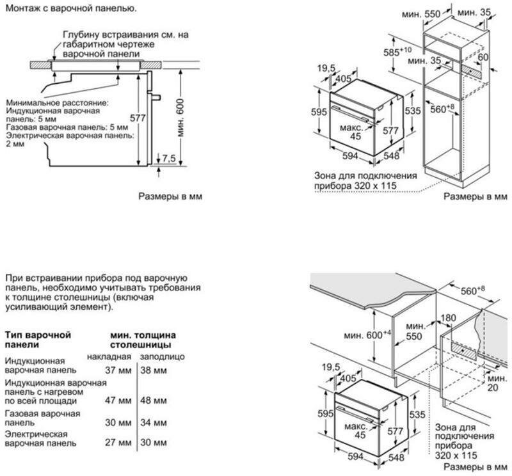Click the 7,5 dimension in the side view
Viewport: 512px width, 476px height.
coord(169,158)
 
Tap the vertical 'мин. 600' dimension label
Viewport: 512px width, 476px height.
coord(180,118)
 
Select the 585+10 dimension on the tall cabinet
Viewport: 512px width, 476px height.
coord(397,51)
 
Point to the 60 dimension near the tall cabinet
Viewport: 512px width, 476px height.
coord(483,57)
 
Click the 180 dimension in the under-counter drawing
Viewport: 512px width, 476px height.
coord(449,317)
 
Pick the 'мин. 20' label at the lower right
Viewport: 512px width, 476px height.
coord(497,383)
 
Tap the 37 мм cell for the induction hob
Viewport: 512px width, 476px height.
coord(118,370)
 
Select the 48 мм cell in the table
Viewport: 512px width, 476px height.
coord(154,401)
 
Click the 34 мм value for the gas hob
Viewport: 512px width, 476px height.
coord(154,422)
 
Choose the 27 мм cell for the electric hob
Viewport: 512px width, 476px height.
coord(118,442)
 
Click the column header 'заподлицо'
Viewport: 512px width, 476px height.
coord(163,357)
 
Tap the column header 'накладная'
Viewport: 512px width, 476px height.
coord(109,357)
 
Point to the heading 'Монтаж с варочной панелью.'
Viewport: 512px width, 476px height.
coord(71,8)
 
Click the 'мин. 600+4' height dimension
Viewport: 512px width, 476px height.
coord(367,335)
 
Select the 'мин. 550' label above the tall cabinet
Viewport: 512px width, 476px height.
coord(421,14)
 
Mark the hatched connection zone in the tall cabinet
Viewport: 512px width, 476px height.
coord(472,71)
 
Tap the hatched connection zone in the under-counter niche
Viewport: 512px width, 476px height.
coord(463,350)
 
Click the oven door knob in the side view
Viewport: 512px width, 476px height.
coord(156,97)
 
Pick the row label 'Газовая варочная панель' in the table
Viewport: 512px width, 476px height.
coord(42,418)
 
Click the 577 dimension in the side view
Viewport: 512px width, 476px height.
coord(138,118)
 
